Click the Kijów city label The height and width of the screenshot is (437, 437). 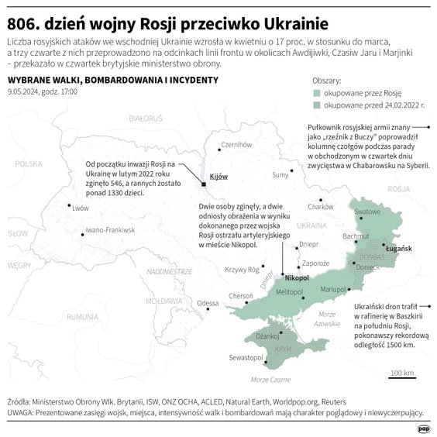click(x=219, y=177)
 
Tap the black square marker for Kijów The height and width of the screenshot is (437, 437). click(x=204, y=184)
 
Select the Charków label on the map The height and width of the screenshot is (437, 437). click(x=320, y=206)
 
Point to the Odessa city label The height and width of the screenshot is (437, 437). click(x=208, y=302)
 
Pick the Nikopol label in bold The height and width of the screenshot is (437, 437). click(x=297, y=277)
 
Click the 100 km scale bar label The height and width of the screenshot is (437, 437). click(x=401, y=373)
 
